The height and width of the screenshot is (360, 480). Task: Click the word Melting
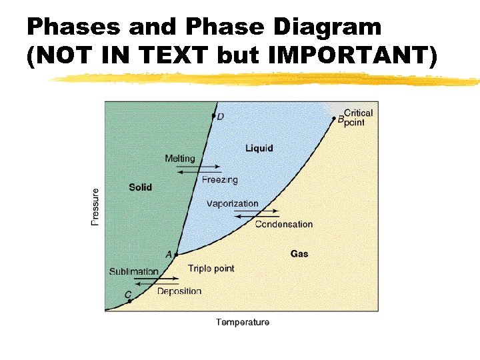point(180,159)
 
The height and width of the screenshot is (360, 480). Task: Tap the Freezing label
point(219,180)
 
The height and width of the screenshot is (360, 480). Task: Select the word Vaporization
point(232,203)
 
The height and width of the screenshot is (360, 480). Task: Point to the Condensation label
point(283,224)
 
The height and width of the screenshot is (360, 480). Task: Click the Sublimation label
point(134,271)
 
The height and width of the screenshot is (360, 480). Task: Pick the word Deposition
point(179,291)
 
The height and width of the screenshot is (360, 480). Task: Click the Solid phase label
point(140,187)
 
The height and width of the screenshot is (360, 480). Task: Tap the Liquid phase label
point(259,148)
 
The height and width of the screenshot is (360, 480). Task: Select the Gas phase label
point(299,253)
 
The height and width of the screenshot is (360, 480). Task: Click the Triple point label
point(211,269)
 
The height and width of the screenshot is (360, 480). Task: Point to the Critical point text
point(358,117)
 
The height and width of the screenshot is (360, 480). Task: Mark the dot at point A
point(176,255)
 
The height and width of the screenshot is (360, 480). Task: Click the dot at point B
point(334,119)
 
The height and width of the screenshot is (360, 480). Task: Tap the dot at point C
point(129,301)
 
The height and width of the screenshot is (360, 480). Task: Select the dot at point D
point(213,116)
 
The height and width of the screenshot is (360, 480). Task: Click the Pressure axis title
point(95,207)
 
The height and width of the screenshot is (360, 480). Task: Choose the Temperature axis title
point(243,323)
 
